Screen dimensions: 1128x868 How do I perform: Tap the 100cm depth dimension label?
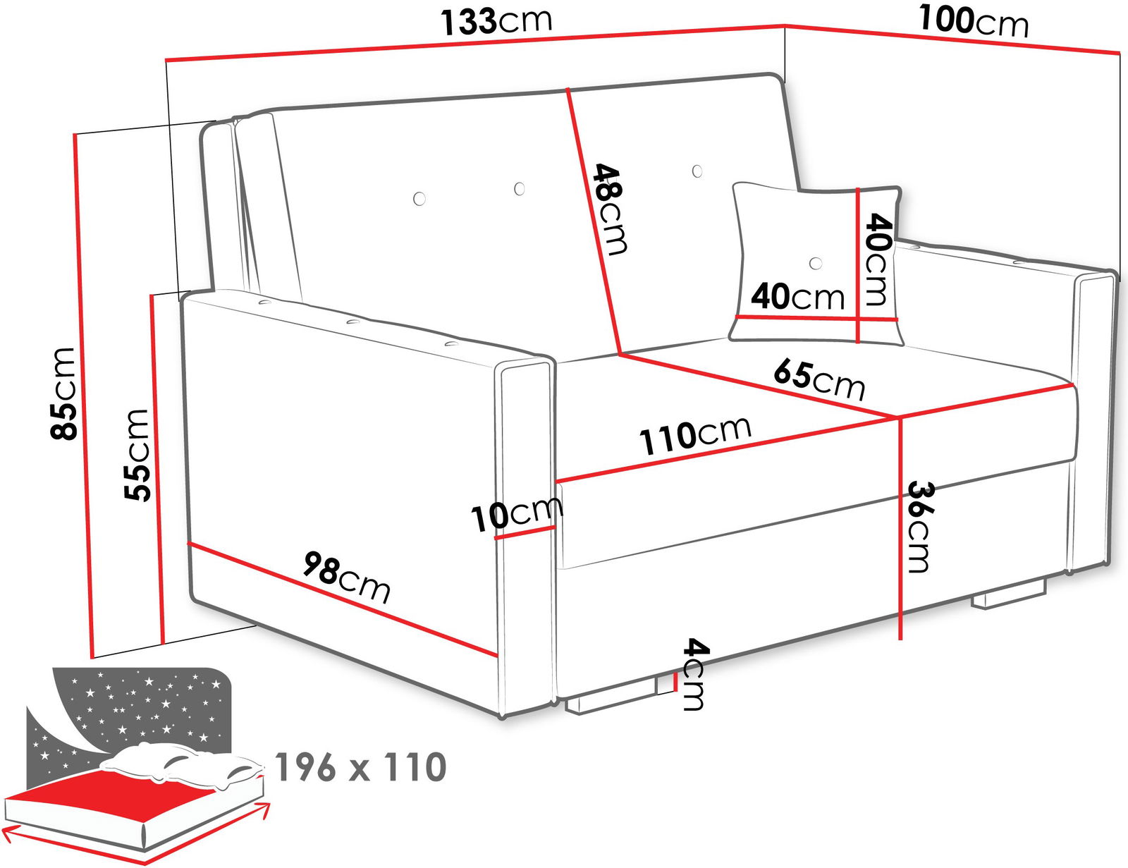[974, 21]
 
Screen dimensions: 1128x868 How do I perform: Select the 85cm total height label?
[63, 393]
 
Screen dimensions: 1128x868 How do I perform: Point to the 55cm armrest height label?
[137, 456]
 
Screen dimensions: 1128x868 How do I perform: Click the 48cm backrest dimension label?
[610, 209]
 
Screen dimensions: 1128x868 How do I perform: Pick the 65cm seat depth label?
[819, 381]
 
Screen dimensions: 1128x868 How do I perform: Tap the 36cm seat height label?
[921, 527]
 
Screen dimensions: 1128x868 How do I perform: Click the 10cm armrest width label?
[517, 514]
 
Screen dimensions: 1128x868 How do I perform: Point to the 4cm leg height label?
[694, 674]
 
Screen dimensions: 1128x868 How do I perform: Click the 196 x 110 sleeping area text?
[360, 766]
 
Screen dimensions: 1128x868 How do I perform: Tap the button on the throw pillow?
[816, 263]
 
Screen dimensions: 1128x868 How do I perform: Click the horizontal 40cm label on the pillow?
[797, 296]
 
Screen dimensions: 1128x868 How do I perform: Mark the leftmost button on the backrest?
[419, 198]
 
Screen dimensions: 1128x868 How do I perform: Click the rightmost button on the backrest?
[697, 171]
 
